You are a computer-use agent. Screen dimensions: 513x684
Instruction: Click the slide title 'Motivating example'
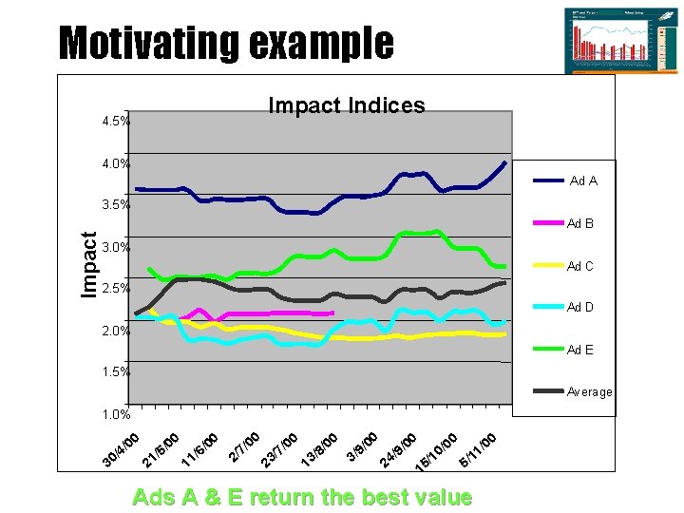[x=226, y=43]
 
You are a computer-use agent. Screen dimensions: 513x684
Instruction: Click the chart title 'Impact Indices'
[x=347, y=105]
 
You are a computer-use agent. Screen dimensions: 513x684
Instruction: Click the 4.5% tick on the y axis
[x=116, y=122]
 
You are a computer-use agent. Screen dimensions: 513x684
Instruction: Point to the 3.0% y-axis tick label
[x=116, y=247]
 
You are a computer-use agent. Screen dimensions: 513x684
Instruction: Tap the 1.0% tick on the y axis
[x=116, y=414]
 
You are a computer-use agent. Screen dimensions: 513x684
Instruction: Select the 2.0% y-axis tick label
[x=116, y=331]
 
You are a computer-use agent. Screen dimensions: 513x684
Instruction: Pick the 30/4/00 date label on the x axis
[x=122, y=449]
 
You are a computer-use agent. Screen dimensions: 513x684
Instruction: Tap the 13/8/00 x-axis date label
[x=320, y=449]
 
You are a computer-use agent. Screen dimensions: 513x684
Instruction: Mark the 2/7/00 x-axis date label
[x=244, y=446]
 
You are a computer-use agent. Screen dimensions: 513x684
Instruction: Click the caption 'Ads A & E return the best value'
[x=302, y=497]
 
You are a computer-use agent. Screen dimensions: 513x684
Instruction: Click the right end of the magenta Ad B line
[x=332, y=313]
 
